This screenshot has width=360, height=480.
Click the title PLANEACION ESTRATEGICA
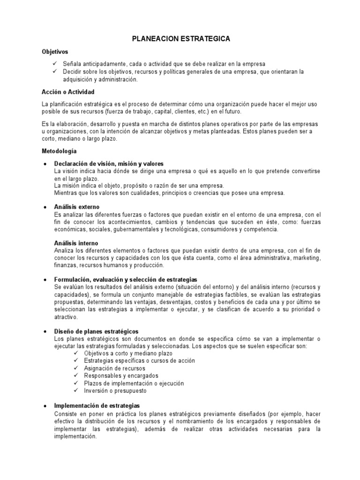click(x=180, y=39)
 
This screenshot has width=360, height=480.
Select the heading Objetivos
click(x=54, y=52)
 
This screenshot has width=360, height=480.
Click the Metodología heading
click(x=59, y=151)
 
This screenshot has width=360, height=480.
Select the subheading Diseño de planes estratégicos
click(x=97, y=331)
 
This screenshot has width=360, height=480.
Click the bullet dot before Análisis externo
click(x=44, y=207)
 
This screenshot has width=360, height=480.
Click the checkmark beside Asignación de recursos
click(x=77, y=368)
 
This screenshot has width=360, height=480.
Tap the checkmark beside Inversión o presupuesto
click(x=77, y=390)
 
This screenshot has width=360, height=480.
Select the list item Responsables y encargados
click(x=121, y=376)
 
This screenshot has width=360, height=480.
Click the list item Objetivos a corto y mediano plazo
click(x=128, y=353)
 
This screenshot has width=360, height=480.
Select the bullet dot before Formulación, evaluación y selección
click(x=44, y=279)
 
